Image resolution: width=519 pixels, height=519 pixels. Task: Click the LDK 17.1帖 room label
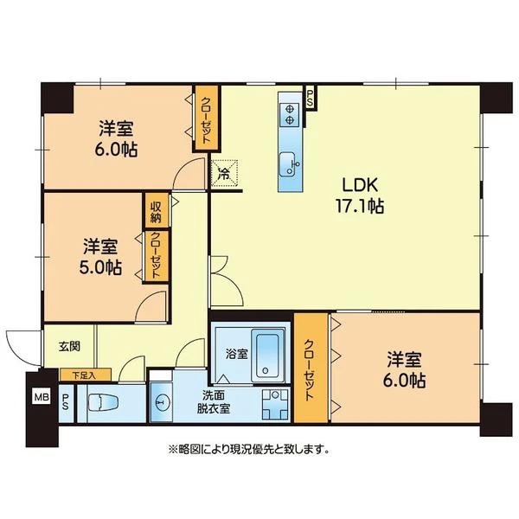pyautogui.click(x=360, y=195)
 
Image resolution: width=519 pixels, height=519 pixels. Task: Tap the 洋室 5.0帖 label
pyautogui.click(x=100, y=257)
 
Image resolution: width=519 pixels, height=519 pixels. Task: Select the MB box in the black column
pyautogui.click(x=42, y=397)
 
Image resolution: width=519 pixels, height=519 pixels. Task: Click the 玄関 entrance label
pyautogui.click(x=69, y=347)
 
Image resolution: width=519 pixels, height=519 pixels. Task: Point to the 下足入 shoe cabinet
pyautogui.click(x=86, y=375)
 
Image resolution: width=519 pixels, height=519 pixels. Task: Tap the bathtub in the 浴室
pyautogui.click(x=267, y=356)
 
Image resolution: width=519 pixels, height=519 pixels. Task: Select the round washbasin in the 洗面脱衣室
pyautogui.click(x=162, y=403)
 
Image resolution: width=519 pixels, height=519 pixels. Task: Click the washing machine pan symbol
pyautogui.click(x=275, y=405)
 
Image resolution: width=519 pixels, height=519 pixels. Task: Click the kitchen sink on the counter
pyautogui.click(x=289, y=164)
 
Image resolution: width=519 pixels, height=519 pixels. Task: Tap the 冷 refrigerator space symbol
pyautogui.click(x=224, y=174)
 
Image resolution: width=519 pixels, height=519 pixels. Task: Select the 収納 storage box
pyautogui.click(x=157, y=211)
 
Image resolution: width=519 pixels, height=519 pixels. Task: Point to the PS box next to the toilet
pyautogui.click(x=66, y=403)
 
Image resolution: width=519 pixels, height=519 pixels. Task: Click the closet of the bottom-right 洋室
pyautogui.click(x=311, y=368)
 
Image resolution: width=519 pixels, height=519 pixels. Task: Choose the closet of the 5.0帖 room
pyautogui.click(x=155, y=257)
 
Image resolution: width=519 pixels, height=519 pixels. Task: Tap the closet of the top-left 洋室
pyautogui.click(x=206, y=119)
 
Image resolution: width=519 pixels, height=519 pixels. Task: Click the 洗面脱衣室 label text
pyautogui.click(x=213, y=402)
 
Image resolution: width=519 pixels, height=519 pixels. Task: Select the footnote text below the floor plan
pyautogui.click(x=249, y=449)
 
